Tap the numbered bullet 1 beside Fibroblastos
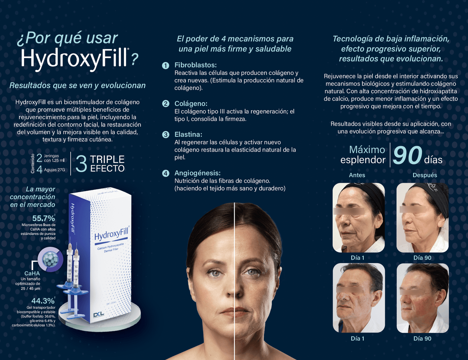166,65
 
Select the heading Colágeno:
191,104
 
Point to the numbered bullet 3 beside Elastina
166,135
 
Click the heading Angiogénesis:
198,173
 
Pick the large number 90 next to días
407,155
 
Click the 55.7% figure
43,218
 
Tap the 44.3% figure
43,301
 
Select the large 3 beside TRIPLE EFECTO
81,164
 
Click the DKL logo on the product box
98,315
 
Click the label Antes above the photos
357,175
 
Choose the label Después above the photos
425,175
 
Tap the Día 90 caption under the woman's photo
422,258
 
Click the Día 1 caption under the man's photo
358,339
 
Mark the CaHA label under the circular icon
32,273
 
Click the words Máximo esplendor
363,155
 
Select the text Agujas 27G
54,170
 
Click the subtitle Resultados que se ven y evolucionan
77,86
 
